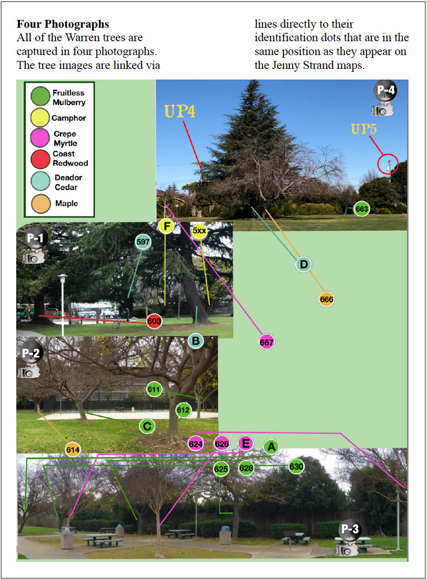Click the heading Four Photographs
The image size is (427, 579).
tap(63, 24)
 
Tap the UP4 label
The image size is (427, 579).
tap(180, 111)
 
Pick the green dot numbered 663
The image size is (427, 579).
tap(361, 208)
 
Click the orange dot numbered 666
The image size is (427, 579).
tap(327, 299)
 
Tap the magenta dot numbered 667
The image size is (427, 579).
tap(267, 341)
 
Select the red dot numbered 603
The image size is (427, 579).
tap(155, 322)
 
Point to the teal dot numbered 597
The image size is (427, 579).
tap(143, 242)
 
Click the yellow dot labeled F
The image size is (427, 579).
tap(166, 226)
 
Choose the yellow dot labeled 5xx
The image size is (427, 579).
tap(199, 231)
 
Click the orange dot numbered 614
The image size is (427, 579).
tap(73, 449)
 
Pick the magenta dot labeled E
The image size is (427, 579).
tap(245, 443)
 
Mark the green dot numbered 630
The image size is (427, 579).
tap(296, 466)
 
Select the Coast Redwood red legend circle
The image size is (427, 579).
tap(40, 158)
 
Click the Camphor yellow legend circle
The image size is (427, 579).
tap(40, 117)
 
